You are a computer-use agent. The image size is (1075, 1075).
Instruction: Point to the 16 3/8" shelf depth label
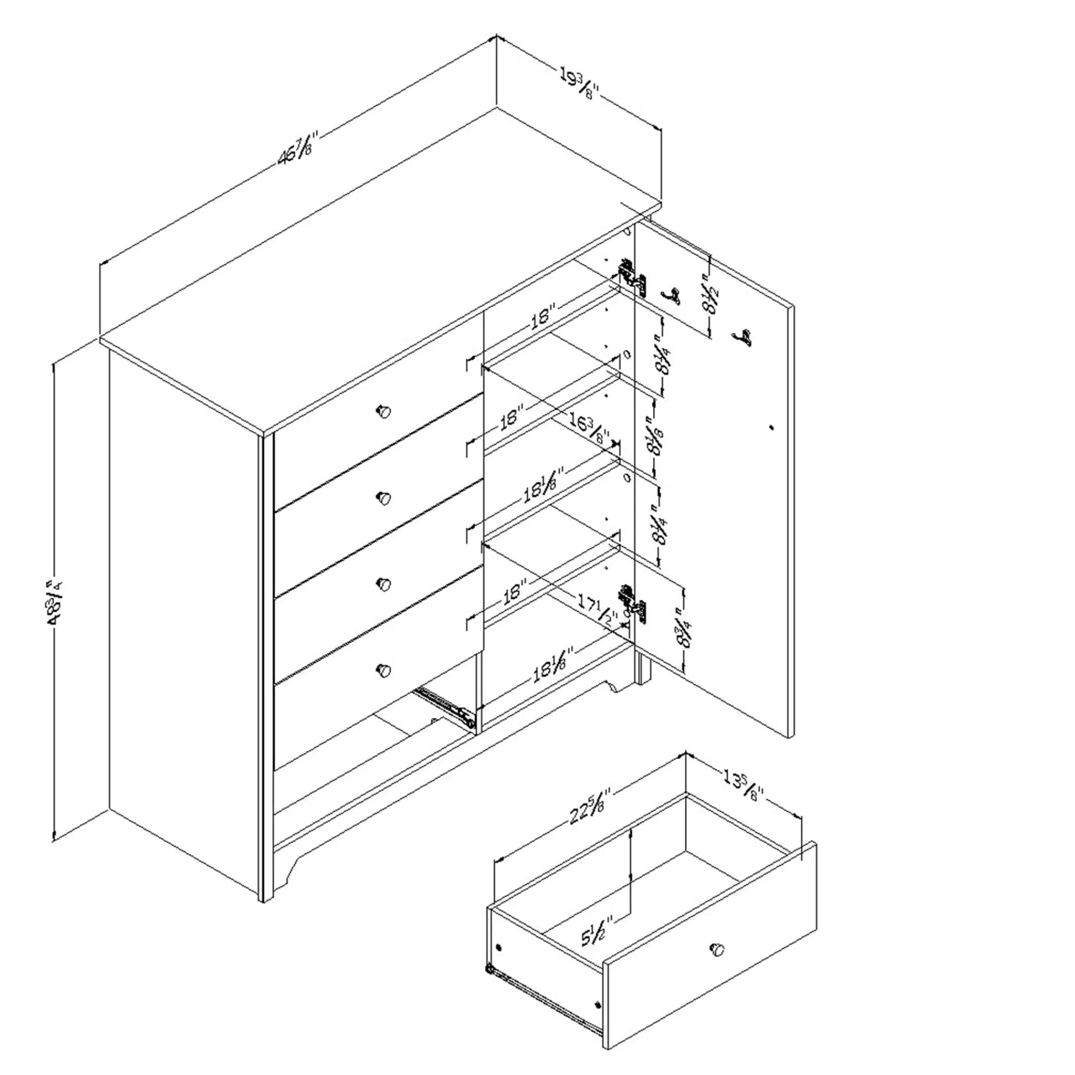pyautogui.click(x=589, y=429)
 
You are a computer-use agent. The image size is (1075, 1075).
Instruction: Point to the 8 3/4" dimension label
pyautogui.click(x=685, y=629)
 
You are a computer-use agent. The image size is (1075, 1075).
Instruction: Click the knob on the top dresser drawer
pyautogui.click(x=383, y=412)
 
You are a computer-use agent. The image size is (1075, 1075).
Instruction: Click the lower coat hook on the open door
pyautogui.click(x=743, y=337)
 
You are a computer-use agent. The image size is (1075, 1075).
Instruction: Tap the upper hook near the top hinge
pyautogui.click(x=671, y=296)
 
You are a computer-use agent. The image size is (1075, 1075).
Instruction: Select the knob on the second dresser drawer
pyautogui.click(x=383, y=498)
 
